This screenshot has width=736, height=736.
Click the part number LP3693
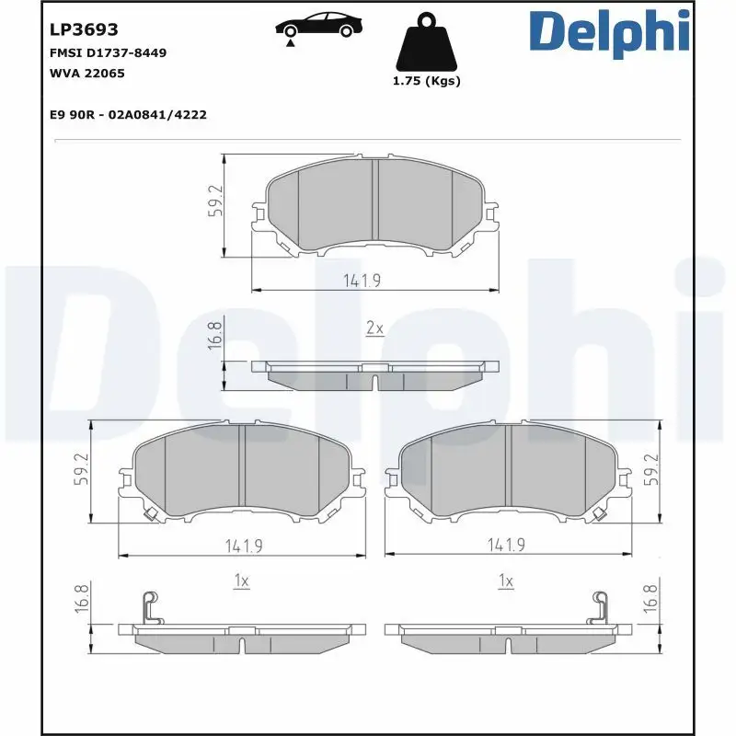tap(83, 30)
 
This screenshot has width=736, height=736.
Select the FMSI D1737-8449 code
tap(107, 52)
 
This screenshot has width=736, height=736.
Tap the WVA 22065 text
tap(86, 73)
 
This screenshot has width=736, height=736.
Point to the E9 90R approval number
tap(127, 114)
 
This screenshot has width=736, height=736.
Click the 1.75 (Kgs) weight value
tap(426, 81)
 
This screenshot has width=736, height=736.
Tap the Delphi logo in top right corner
tap(609, 32)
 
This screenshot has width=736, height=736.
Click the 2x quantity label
tap(374, 328)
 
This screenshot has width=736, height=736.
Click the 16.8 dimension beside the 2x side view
tap(215, 337)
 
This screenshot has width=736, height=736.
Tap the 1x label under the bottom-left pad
tap(242, 581)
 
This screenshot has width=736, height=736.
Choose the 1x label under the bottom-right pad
tap(504, 581)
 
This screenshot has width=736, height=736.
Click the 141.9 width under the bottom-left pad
tap(244, 546)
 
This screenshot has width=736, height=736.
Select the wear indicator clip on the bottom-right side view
tap(601, 607)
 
